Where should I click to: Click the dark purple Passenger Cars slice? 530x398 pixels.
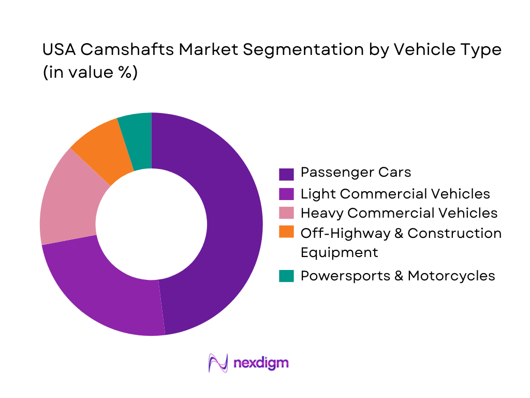[x=233, y=223]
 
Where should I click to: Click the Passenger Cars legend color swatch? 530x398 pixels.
[x=286, y=174]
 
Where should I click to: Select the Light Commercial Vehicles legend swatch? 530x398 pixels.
[x=286, y=194]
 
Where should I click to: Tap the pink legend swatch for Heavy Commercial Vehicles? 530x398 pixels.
[x=286, y=213]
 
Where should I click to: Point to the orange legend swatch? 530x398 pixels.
[x=286, y=232]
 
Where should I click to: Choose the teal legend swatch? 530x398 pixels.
[x=286, y=276]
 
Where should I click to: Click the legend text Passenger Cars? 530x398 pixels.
[x=356, y=172]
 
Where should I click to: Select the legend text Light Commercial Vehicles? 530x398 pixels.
[x=395, y=193]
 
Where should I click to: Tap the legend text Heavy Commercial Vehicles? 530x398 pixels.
[x=399, y=212]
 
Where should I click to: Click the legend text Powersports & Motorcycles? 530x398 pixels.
[x=397, y=276]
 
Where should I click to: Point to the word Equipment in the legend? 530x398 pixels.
[x=339, y=252]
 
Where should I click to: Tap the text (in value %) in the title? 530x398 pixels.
[x=90, y=73]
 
